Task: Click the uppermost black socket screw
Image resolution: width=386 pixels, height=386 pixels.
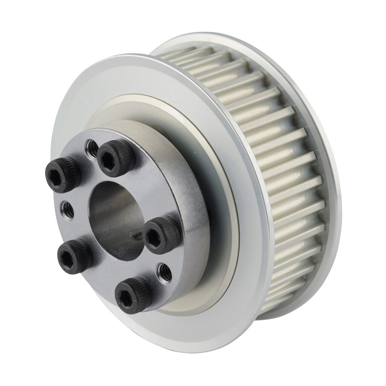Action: point(116,158)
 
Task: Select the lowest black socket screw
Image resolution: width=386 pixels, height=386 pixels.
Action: point(133,294)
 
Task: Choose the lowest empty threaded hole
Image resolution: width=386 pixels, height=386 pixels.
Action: point(165,271)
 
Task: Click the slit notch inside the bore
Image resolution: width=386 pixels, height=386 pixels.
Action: point(138,235)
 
